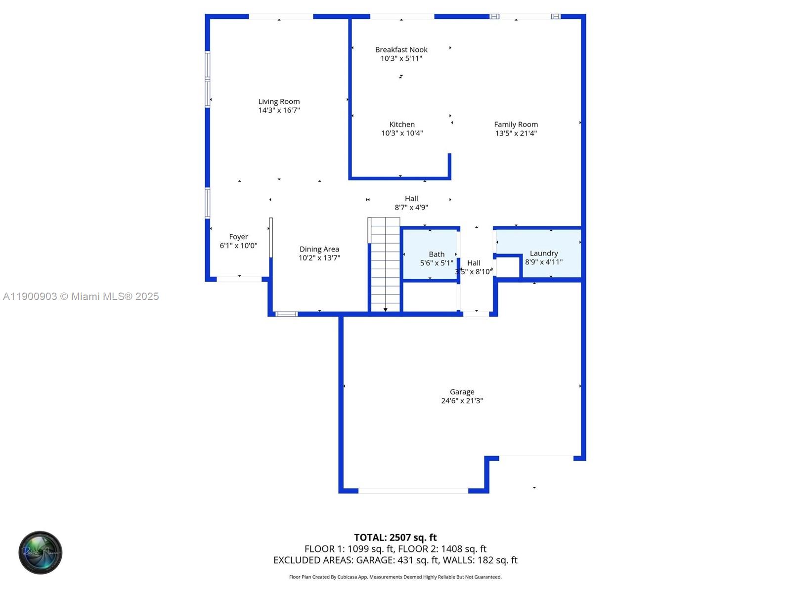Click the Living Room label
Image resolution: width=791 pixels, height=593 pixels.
[279, 101]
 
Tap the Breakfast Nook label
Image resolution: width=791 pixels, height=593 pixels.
[401, 49]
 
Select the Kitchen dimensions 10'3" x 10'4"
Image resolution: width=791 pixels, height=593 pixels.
[402, 133]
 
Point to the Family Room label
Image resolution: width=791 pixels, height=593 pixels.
[516, 125]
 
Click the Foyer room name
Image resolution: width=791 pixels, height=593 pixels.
[238, 237]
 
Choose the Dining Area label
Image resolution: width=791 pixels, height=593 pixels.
[319, 249]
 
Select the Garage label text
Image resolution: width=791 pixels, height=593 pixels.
[462, 392]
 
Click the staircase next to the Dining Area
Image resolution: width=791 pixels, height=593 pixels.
[385, 267]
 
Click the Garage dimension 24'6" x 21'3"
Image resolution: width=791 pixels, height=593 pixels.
[462, 401]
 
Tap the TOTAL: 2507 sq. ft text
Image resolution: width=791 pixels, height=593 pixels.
[395, 537]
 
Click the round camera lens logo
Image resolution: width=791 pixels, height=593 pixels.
[41, 552]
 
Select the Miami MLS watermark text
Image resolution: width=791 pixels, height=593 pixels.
[81, 296]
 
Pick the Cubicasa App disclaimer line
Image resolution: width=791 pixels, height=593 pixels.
[395, 577]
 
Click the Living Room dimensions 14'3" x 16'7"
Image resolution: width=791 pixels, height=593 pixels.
[279, 110]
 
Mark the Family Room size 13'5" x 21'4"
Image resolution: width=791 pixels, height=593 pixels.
[516, 133]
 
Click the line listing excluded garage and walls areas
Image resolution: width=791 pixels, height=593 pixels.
[395, 560]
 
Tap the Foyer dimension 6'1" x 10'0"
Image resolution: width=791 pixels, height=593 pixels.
[238, 246]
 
